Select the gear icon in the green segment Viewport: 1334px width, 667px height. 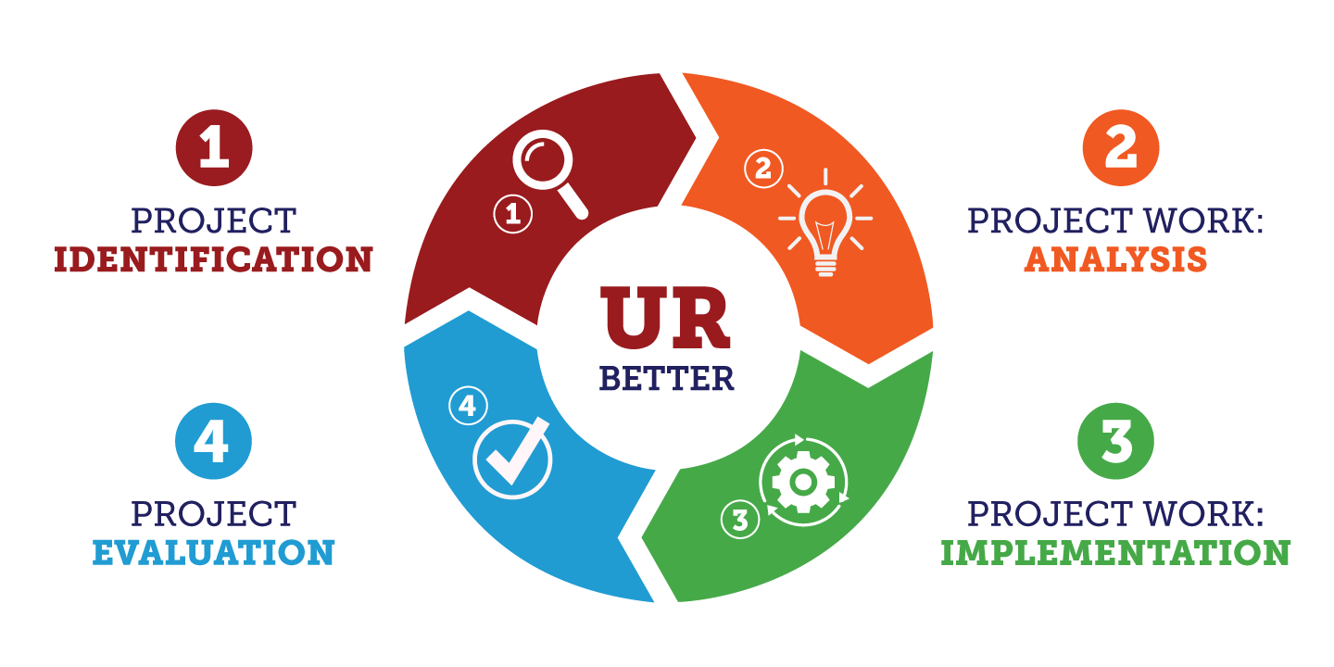click(x=803, y=482)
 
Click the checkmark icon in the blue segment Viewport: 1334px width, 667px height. click(x=512, y=459)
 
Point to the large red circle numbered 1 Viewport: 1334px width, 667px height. click(x=214, y=148)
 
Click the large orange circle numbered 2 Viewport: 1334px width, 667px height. click(x=1121, y=148)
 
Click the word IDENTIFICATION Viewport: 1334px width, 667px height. click(x=213, y=259)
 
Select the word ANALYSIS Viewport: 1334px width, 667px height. click(x=1116, y=259)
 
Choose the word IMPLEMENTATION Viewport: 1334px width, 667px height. click(x=1116, y=553)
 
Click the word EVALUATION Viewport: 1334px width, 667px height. click(x=213, y=553)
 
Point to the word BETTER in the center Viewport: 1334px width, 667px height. click(x=666, y=378)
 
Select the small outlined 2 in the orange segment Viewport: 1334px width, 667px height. click(x=763, y=169)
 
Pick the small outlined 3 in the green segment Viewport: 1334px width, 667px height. click(x=739, y=520)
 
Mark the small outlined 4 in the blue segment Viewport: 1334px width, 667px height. click(x=467, y=406)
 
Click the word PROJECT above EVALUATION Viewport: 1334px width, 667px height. click(x=213, y=512)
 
